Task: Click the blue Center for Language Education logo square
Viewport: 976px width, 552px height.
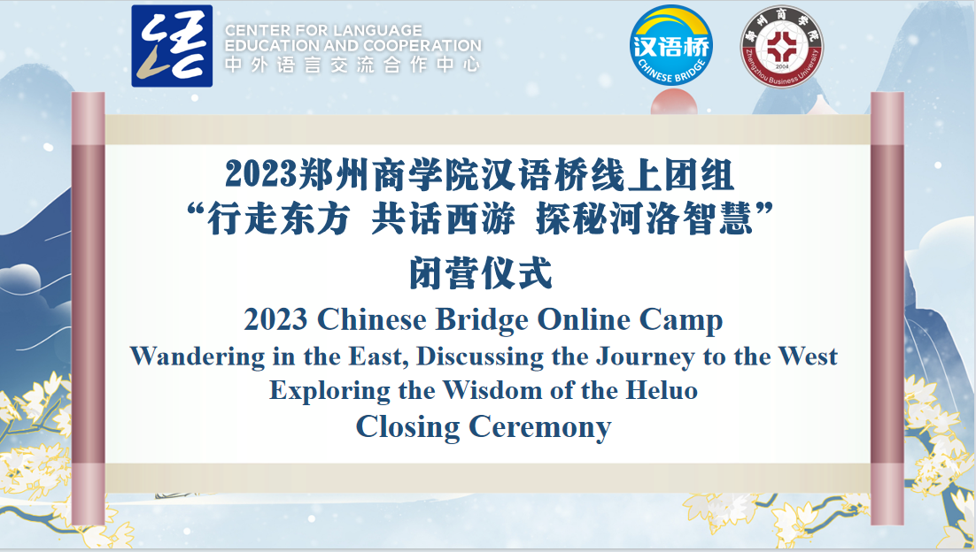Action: (x=172, y=46)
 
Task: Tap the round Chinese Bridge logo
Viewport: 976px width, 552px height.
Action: (x=670, y=45)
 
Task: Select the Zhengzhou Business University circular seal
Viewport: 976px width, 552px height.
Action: (x=782, y=47)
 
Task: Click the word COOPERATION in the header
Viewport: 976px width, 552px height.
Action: (x=422, y=46)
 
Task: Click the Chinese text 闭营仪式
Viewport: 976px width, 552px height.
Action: (x=481, y=274)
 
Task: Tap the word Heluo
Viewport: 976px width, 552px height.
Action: (x=662, y=390)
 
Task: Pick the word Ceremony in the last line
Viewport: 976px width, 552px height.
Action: (x=539, y=427)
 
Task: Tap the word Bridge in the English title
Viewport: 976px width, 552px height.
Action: (x=481, y=321)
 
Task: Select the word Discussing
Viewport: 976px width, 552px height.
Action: (x=480, y=357)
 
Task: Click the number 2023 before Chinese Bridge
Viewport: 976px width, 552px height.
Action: (x=275, y=320)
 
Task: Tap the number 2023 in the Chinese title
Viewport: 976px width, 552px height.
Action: (x=261, y=174)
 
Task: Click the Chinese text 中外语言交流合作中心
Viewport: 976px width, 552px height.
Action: (x=352, y=65)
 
